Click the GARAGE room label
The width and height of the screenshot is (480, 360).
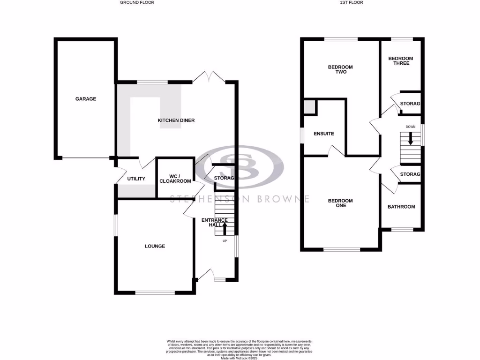click(x=86, y=99)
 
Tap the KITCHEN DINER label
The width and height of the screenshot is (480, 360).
click(x=176, y=120)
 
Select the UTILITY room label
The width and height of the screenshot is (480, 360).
click(x=136, y=179)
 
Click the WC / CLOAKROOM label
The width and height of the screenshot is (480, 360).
click(x=175, y=179)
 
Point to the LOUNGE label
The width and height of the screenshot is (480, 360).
click(x=155, y=246)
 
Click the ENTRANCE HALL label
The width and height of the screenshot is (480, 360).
click(x=214, y=223)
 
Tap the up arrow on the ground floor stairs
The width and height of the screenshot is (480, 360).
click(x=225, y=228)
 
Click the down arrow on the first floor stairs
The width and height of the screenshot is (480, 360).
click(x=411, y=139)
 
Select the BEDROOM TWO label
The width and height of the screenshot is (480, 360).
click(x=340, y=69)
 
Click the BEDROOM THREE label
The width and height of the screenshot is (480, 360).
click(x=401, y=61)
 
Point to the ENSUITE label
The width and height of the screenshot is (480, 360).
click(x=324, y=134)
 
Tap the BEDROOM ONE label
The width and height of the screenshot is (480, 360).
click(x=340, y=203)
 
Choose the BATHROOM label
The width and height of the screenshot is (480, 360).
click(x=401, y=207)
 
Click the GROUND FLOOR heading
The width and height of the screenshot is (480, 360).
click(x=137, y=2)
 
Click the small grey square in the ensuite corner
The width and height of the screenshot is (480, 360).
click(x=309, y=107)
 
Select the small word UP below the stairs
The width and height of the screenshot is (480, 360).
click(x=225, y=241)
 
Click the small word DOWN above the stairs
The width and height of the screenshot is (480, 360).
click(x=411, y=127)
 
